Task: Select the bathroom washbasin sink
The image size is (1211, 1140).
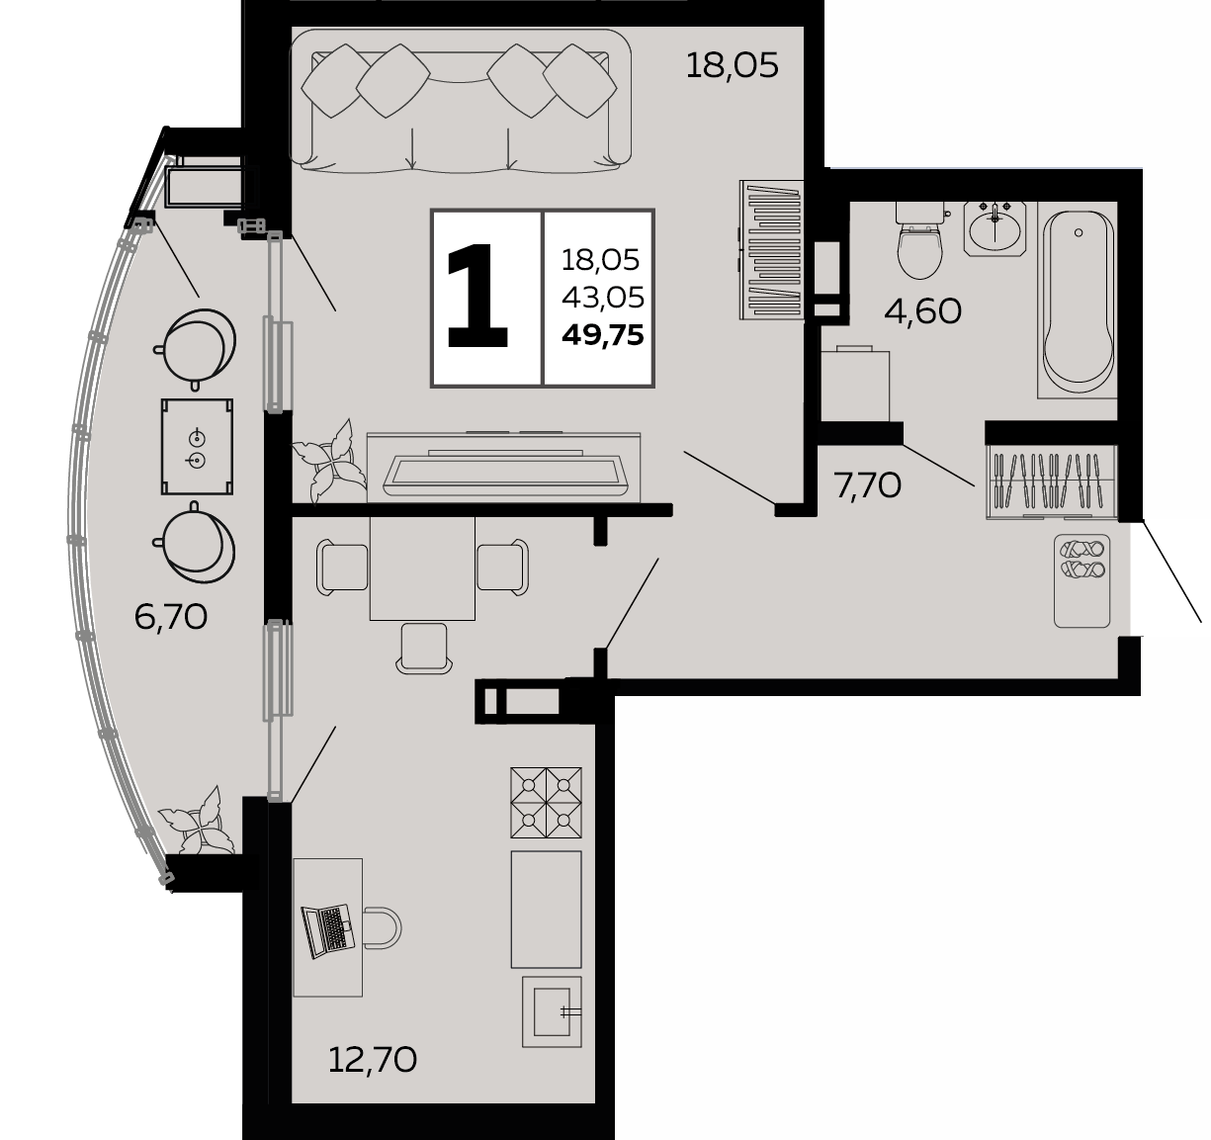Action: [x=995, y=228]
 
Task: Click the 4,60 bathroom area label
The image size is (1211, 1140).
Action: [x=922, y=311]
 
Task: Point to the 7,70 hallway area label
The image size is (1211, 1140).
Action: [x=867, y=486]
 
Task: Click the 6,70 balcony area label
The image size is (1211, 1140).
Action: [x=171, y=617]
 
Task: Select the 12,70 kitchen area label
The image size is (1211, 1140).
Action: [x=373, y=1060]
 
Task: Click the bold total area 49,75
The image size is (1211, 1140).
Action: [x=602, y=335]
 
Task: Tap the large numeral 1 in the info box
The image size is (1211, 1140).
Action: [x=476, y=296]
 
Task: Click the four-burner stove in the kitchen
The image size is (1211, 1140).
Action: [x=546, y=802]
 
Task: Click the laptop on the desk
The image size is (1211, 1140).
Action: [x=327, y=931]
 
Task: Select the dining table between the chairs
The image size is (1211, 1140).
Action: [x=422, y=569]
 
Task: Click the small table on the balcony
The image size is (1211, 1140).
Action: [x=197, y=447]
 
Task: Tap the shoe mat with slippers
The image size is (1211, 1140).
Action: [x=1081, y=580]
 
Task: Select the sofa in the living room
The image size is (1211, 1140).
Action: [x=460, y=101]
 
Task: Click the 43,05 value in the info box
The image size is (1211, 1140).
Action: [x=602, y=298]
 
